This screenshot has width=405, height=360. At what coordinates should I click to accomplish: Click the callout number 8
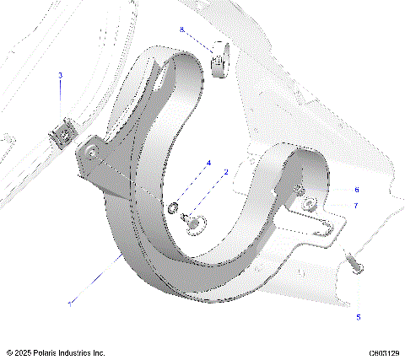(181, 30)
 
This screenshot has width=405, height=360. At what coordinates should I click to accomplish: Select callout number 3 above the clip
(60, 75)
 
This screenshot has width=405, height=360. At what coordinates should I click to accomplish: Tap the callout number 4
(208, 163)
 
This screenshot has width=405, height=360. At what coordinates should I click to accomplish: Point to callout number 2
(225, 172)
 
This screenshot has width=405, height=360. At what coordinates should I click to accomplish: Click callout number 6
(356, 190)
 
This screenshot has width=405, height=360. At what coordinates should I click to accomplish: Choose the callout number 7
(356, 205)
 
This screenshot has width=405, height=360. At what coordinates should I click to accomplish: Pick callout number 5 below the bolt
(358, 317)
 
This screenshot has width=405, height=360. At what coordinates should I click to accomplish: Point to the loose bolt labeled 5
(354, 263)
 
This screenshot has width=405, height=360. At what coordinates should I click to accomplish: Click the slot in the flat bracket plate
(321, 225)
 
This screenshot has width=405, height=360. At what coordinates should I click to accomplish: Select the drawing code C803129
(385, 352)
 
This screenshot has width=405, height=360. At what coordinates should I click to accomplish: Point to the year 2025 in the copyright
(24, 352)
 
